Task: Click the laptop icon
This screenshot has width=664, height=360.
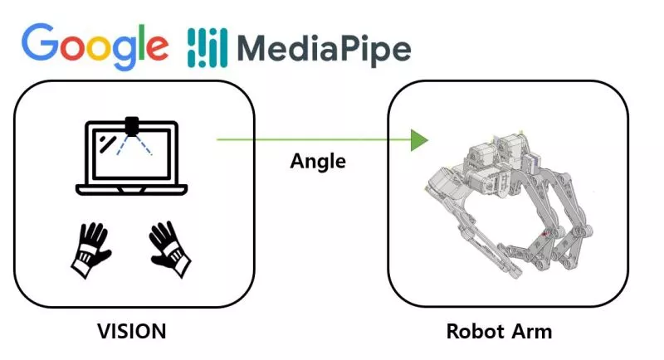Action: pos(132,158)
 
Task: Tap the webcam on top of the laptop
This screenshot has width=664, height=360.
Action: pos(132,126)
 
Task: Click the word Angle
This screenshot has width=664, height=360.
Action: pos(318,161)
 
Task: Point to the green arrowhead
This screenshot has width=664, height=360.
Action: pos(420,139)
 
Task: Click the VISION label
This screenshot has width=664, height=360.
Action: pos(132,332)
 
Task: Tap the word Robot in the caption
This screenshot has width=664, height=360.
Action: pos(476,332)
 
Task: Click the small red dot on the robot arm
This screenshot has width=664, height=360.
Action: pos(544,235)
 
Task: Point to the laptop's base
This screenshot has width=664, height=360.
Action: pos(132,189)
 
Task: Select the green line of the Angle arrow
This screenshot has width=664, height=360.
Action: pos(315,139)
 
